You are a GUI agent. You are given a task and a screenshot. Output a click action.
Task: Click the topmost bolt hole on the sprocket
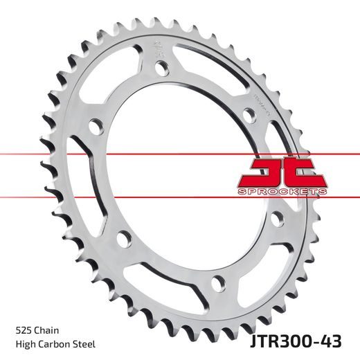[x=160, y=69]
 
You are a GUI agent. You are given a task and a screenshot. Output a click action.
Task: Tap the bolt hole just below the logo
[x=277, y=219]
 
